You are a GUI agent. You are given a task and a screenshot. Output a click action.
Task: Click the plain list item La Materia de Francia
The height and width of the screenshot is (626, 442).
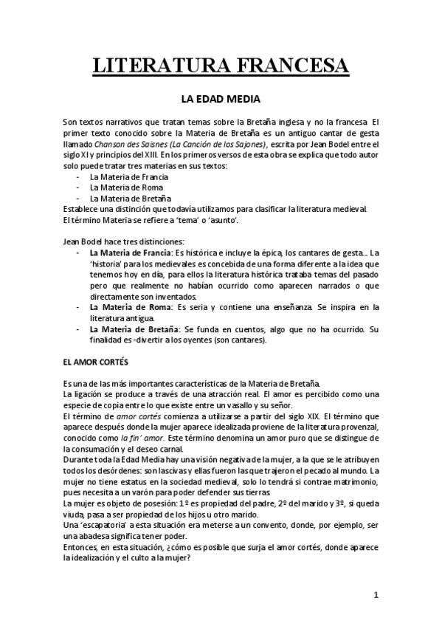click(128, 177)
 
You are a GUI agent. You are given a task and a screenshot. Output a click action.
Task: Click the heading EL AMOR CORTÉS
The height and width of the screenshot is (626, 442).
click(96, 364)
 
